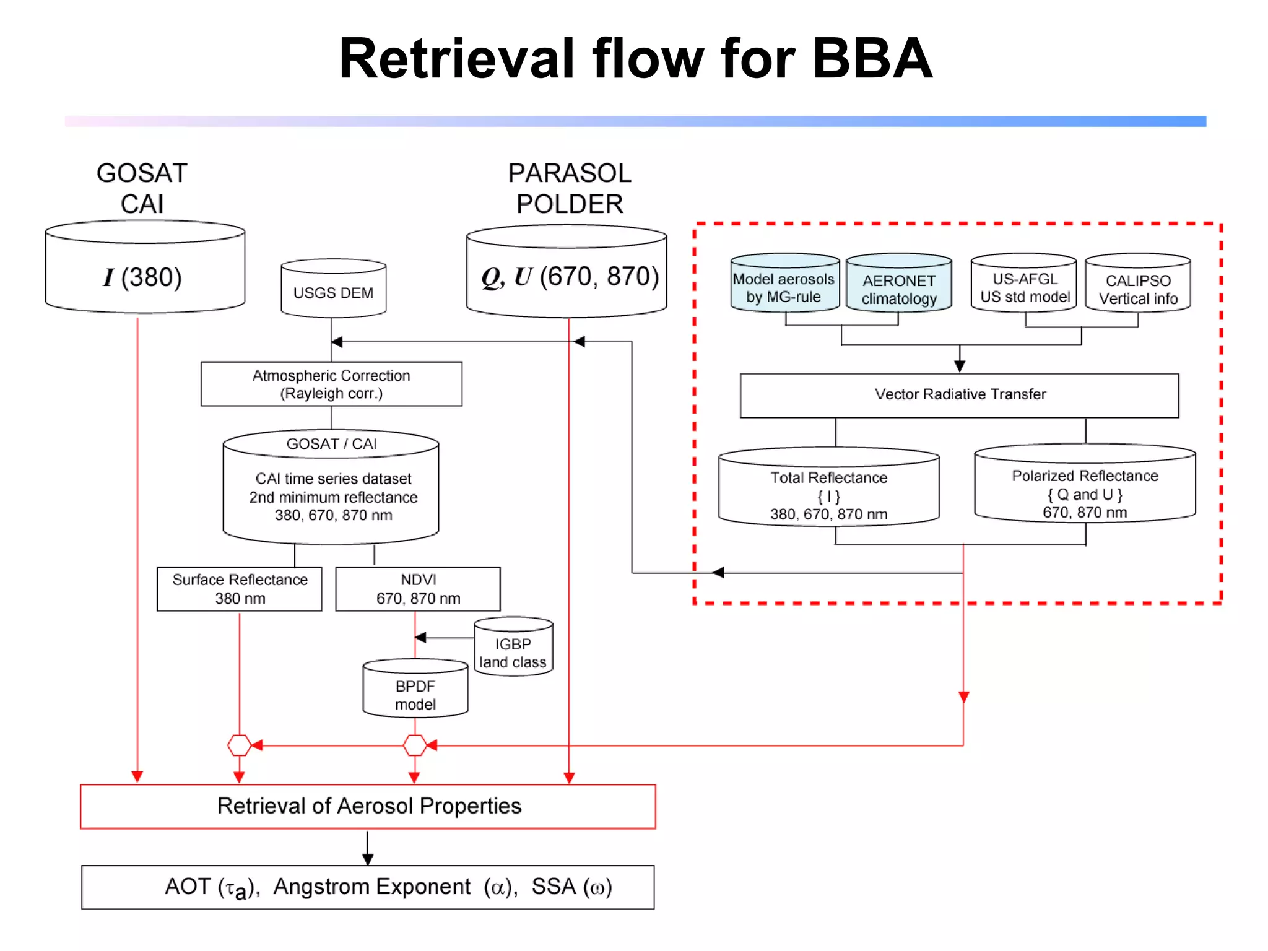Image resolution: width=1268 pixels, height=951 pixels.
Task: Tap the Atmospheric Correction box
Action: coord(331,384)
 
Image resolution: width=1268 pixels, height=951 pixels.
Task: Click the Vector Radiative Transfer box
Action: coord(959,395)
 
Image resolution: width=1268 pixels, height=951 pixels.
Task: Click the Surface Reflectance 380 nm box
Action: coord(240,589)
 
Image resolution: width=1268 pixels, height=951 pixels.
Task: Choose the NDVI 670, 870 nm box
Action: coord(418,589)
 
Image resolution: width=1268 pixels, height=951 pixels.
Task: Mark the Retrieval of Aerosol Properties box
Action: coord(368,806)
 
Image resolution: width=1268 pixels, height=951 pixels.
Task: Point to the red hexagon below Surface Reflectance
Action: coord(239,745)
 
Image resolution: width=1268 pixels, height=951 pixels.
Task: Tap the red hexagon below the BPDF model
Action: coord(415,745)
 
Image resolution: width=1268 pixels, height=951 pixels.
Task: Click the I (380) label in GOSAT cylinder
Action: coord(142,277)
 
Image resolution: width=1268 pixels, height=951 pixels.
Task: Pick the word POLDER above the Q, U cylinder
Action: coord(569,204)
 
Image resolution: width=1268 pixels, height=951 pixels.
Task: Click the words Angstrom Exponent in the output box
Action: coord(372,887)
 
